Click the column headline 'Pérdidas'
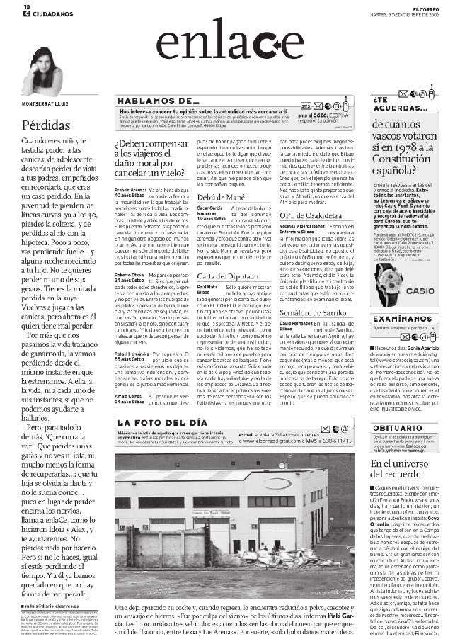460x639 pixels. (45, 125)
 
